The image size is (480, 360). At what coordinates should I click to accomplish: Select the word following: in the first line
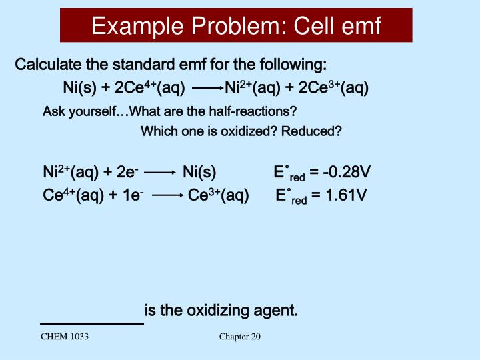tap(291, 65)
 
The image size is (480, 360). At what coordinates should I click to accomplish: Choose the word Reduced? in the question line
tap(311, 131)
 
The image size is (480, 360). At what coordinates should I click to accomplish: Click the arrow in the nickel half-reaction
tap(159, 173)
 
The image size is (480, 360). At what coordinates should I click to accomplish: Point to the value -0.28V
tap(346, 173)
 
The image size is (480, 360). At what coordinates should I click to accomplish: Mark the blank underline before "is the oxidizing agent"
tap(92, 323)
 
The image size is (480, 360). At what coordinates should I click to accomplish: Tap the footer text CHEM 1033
tap(65, 337)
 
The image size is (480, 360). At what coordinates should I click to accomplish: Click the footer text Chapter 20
tap(240, 337)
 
